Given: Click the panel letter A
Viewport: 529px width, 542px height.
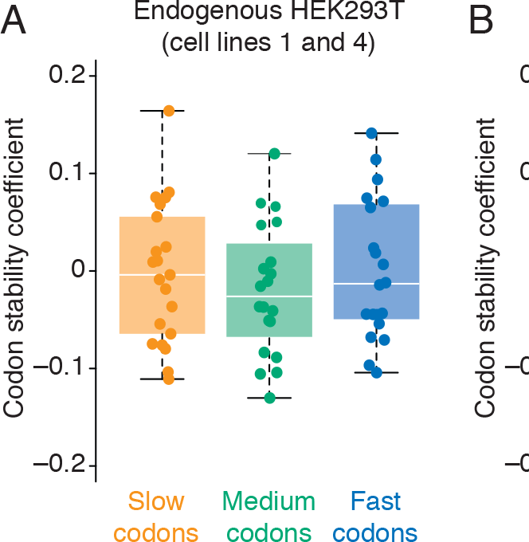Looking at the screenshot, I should pyautogui.click(x=17, y=22).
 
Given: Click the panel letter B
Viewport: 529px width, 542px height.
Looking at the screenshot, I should pyautogui.click(x=481, y=22).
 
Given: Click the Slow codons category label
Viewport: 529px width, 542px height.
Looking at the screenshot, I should pyautogui.click(x=156, y=516).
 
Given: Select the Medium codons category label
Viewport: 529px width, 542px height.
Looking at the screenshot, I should pyautogui.click(x=269, y=516).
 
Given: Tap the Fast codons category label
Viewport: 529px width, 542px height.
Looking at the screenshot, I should pyautogui.click(x=374, y=516).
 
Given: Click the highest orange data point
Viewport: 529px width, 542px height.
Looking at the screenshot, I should pyautogui.click(x=169, y=111).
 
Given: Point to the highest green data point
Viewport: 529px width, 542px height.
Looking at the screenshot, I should pyautogui.click(x=274, y=153).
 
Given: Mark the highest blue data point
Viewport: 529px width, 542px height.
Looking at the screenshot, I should pyautogui.click(x=371, y=133).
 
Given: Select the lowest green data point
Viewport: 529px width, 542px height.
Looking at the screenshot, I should pyautogui.click(x=269, y=398).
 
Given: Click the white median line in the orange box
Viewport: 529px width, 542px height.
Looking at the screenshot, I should pyautogui.click(x=163, y=275).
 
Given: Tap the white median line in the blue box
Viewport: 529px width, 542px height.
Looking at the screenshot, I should pyautogui.click(x=376, y=284).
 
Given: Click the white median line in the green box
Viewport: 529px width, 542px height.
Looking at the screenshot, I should pyautogui.click(x=269, y=297).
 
